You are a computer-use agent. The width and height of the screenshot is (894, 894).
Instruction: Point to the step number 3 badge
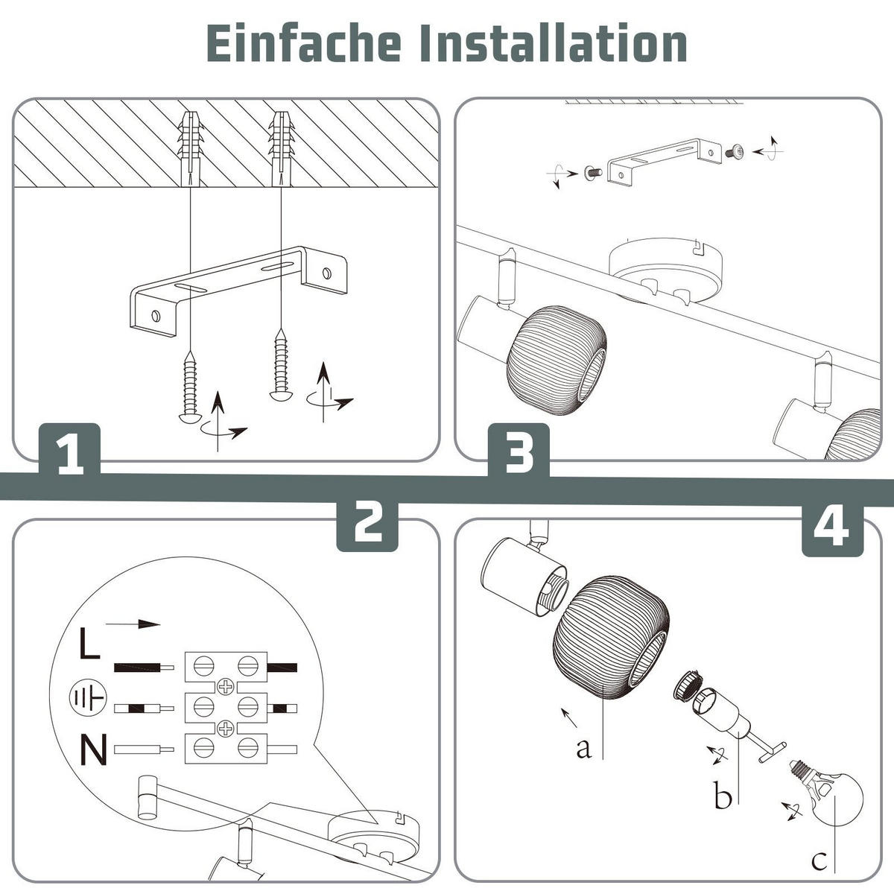click(x=519, y=450)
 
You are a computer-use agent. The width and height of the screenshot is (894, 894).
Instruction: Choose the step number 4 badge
click(x=833, y=528)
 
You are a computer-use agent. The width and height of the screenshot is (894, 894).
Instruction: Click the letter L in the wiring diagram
click(x=89, y=643)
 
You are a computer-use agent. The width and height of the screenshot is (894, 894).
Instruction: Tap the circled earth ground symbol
click(x=88, y=697)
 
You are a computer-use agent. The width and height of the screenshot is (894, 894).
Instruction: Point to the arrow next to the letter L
click(x=133, y=624)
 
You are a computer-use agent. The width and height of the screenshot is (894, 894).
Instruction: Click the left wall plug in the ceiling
click(x=190, y=148)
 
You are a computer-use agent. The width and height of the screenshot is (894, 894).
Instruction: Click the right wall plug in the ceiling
click(x=281, y=148)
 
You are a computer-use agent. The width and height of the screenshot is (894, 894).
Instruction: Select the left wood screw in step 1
click(x=190, y=387)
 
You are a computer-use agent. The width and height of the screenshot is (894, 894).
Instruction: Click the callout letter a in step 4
click(x=583, y=748)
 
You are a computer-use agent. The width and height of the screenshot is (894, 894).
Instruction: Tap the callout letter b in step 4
click(x=723, y=794)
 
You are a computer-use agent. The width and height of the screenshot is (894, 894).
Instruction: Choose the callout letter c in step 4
click(x=819, y=860)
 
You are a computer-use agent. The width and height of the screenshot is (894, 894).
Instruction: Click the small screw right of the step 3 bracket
click(x=735, y=151)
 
